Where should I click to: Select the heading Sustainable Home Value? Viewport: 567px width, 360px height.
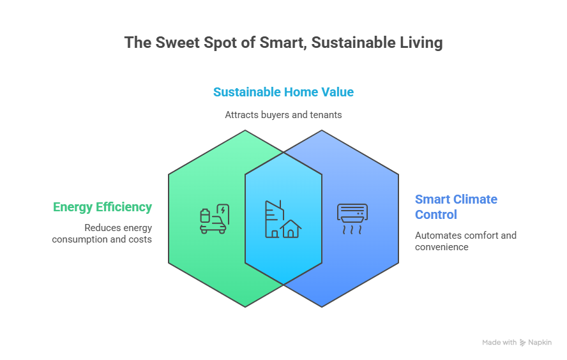pyautogui.click(x=283, y=92)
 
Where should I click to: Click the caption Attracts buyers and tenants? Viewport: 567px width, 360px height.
pyautogui.click(x=283, y=115)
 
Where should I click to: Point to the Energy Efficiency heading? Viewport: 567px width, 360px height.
pyautogui.click(x=102, y=207)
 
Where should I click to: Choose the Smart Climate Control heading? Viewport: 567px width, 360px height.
pyautogui.click(x=456, y=207)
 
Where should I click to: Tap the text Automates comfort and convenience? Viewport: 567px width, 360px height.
pyautogui.click(x=465, y=241)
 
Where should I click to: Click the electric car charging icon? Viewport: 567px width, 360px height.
pyautogui.click(x=214, y=219)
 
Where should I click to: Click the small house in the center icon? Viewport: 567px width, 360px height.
pyautogui.click(x=291, y=228)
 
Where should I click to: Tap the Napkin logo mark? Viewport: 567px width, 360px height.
pyautogui.click(x=523, y=343)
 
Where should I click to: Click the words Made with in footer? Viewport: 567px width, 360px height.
pyautogui.click(x=499, y=343)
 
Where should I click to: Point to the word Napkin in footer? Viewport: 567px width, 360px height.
pyautogui.click(x=540, y=343)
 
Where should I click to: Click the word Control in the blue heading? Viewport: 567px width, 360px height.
pyautogui.click(x=436, y=214)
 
